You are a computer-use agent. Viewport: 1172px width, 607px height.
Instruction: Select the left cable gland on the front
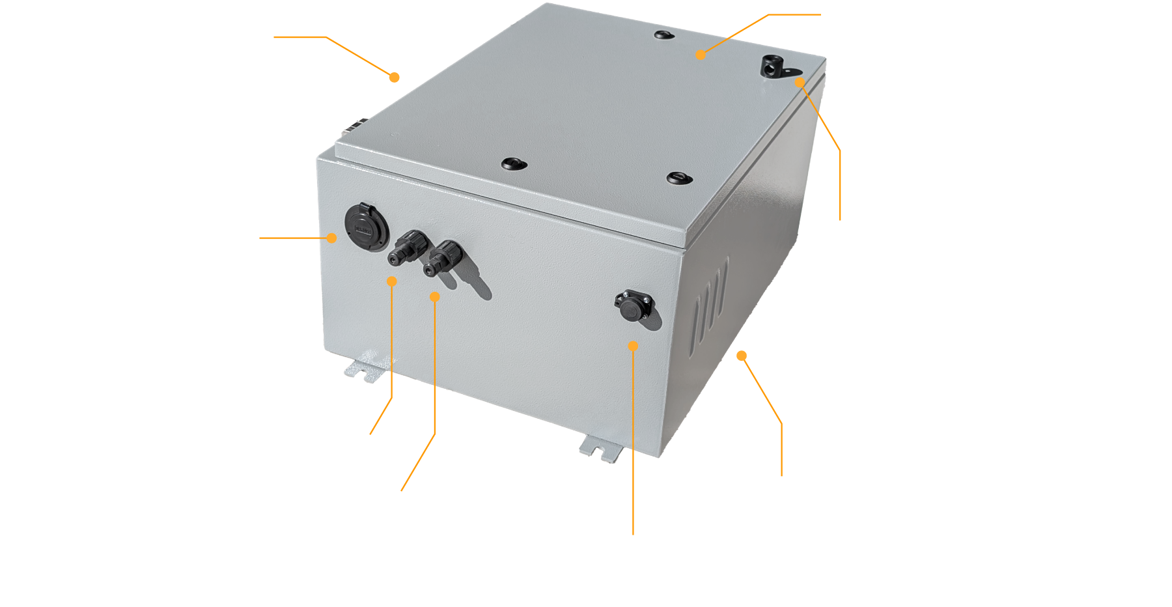click(x=404, y=247)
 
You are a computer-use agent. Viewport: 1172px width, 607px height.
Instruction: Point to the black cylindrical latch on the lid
click(x=774, y=66)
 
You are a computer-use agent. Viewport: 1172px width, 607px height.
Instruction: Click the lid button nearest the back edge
click(x=662, y=35)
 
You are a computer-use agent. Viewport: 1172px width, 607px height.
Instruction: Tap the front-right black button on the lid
click(x=678, y=176)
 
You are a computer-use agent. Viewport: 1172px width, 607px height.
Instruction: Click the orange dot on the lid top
click(x=701, y=55)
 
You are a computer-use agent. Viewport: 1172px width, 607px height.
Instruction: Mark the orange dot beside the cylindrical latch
click(x=800, y=82)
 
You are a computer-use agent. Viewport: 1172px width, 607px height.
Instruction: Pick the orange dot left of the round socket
click(x=332, y=238)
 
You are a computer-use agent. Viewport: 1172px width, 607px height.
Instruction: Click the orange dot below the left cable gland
click(x=391, y=281)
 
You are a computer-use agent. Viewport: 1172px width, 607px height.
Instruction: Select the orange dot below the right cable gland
click(x=435, y=297)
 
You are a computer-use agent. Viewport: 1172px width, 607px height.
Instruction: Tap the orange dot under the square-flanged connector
click(x=632, y=345)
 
